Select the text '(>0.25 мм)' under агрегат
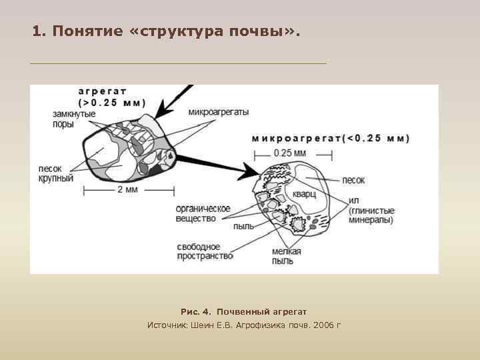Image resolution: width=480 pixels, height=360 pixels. (x=111, y=103)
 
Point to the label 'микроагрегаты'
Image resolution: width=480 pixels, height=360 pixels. (x=219, y=112)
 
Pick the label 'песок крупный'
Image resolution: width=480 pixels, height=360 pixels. (x=55, y=174)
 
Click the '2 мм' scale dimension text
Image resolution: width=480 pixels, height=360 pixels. (x=127, y=190)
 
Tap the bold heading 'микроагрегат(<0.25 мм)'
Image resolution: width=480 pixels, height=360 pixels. (x=330, y=139)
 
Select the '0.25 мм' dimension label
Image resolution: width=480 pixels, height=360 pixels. (x=290, y=153)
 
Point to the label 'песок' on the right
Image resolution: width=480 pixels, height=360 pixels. (x=353, y=180)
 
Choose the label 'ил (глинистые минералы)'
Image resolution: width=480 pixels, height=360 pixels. (x=370, y=210)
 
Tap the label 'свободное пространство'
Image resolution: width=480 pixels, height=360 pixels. (x=204, y=251)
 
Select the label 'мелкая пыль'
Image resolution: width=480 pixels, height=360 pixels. (x=287, y=256)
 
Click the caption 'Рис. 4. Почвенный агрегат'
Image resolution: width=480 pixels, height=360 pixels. (x=243, y=311)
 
